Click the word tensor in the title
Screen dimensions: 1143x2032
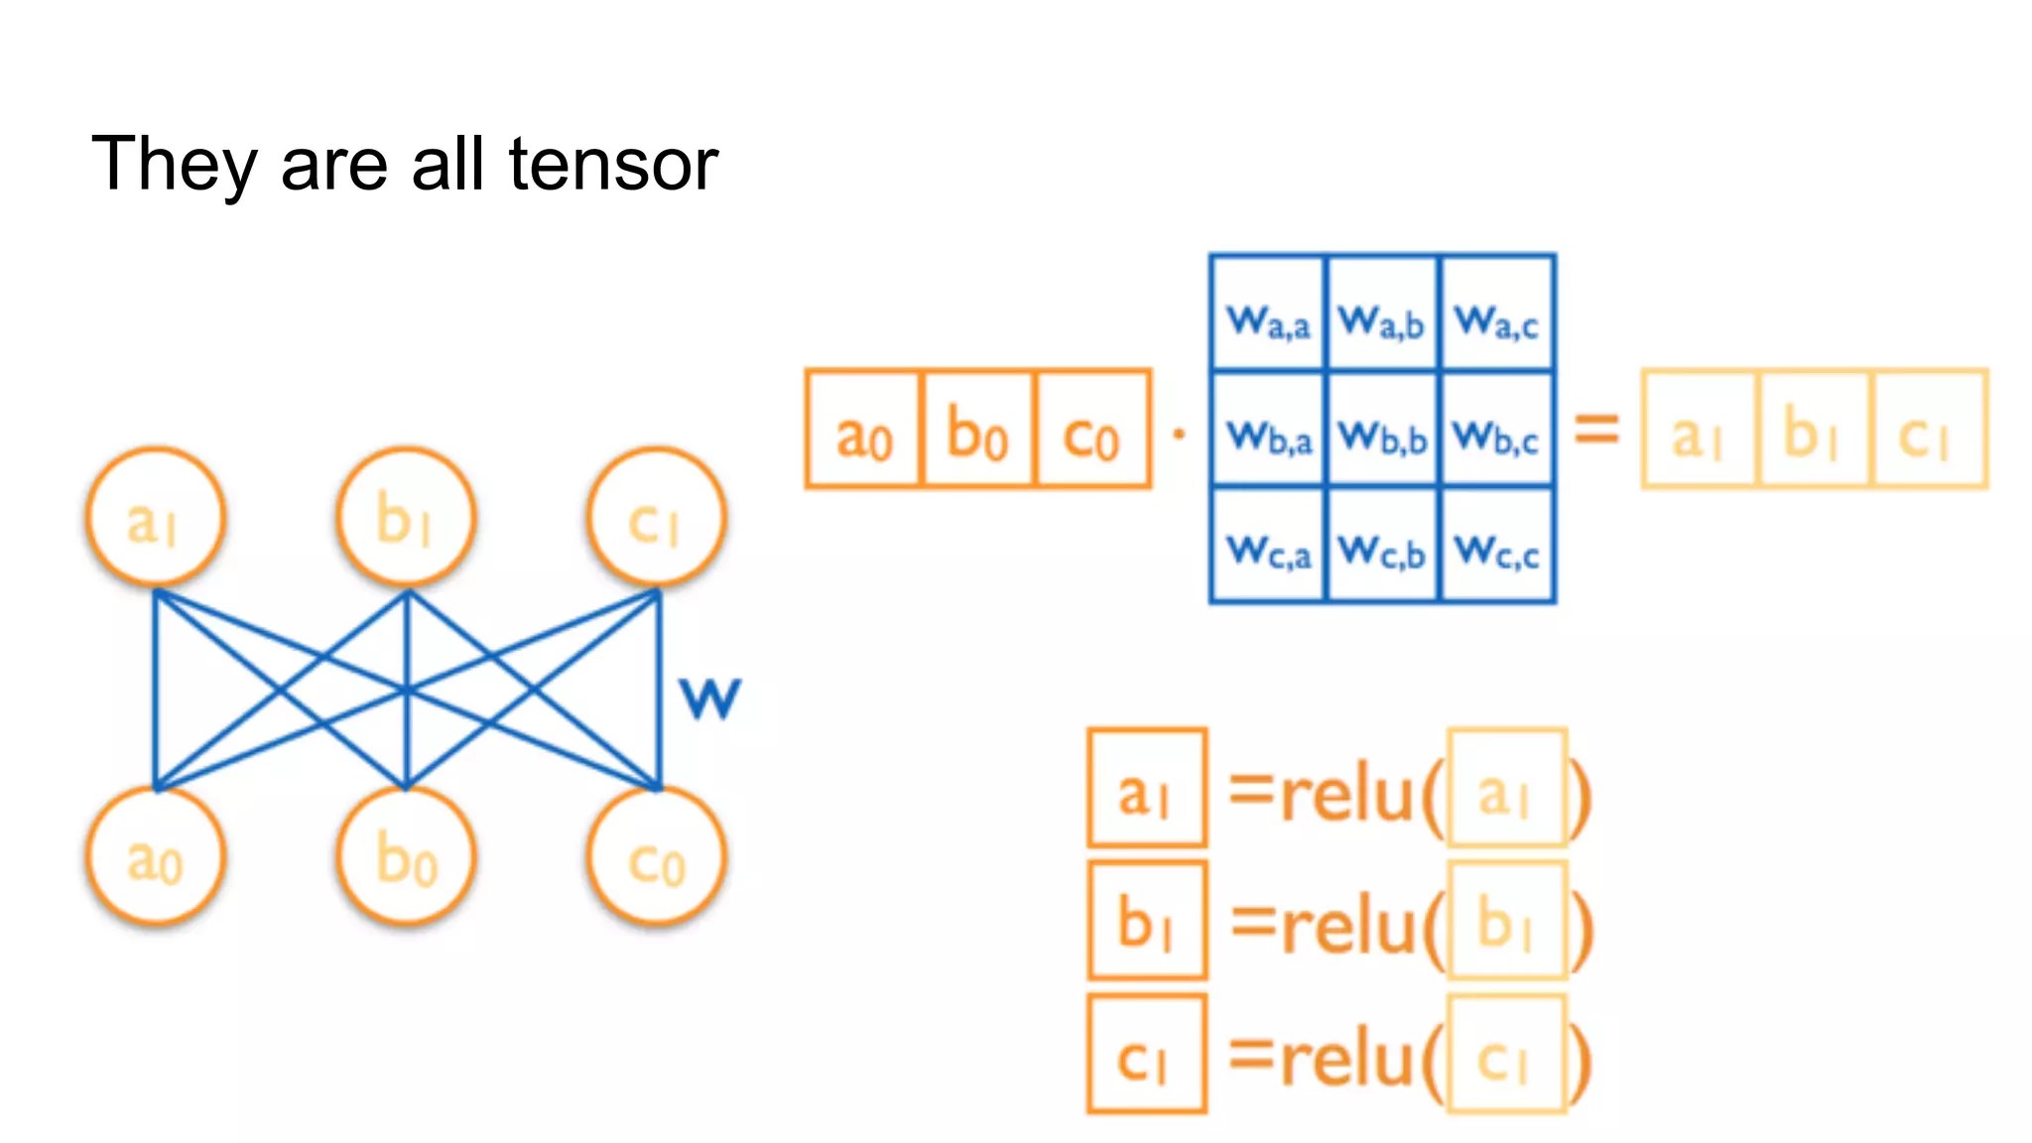(x=613, y=164)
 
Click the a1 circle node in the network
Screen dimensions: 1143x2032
(x=155, y=517)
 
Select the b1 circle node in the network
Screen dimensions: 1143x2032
(x=406, y=517)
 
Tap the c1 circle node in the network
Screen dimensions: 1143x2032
(x=657, y=517)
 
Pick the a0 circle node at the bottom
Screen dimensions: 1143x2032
(x=155, y=857)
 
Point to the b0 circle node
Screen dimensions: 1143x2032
(x=406, y=857)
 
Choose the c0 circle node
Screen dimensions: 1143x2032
(x=657, y=857)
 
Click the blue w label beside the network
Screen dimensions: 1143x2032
(x=709, y=698)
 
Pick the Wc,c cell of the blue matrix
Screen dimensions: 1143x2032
(x=1497, y=546)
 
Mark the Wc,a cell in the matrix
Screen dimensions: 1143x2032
(x=1268, y=546)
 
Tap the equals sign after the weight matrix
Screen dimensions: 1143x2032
(x=1597, y=429)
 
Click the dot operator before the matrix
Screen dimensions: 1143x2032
(x=1179, y=434)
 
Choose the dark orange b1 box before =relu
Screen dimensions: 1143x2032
(x=1147, y=921)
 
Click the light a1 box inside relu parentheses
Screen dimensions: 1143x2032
(x=1506, y=788)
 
